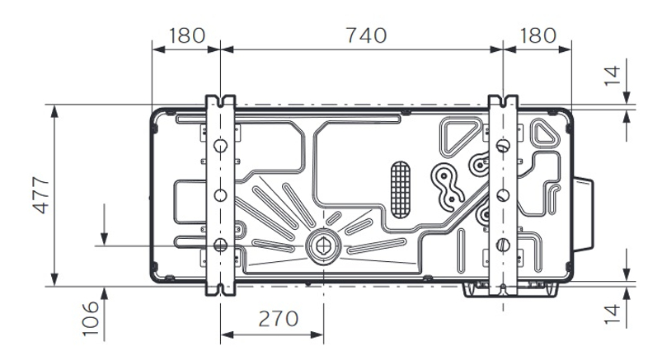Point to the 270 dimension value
tap(273, 320)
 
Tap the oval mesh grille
tap(398, 183)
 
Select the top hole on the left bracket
tap(220, 146)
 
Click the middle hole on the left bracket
tap(220, 195)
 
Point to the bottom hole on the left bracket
tap(220, 244)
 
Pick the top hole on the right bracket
tap(502, 146)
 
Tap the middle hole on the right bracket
tap(502, 195)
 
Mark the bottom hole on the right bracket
tap(502, 245)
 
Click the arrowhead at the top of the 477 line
tap(54, 110)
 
